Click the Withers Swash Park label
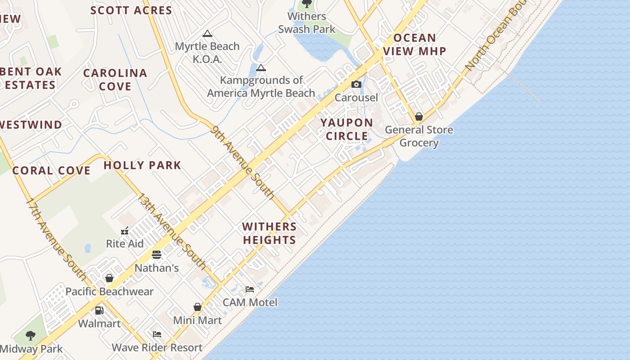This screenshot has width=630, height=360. point(306,22)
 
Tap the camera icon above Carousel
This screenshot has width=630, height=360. point(356,85)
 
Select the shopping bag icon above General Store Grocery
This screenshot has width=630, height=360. point(419,117)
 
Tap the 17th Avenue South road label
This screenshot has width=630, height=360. point(56,238)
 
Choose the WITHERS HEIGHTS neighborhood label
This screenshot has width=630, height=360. point(270,233)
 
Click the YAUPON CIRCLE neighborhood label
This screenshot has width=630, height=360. point(346,129)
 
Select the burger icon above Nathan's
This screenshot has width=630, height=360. point(157,255)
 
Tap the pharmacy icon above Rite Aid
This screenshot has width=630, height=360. point(125,231)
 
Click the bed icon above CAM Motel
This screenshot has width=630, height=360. point(250,289)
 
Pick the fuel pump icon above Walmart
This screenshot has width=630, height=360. point(99,310)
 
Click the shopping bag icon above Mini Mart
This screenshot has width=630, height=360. point(197,307)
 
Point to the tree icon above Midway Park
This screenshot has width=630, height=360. point(31,336)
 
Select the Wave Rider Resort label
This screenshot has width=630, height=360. point(157,347)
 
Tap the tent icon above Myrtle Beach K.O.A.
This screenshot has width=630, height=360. point(207,34)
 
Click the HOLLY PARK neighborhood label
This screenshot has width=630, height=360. point(142,165)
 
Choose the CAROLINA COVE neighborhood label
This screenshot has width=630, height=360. point(115,79)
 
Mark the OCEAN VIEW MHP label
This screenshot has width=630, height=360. point(414,45)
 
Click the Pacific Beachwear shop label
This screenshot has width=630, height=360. point(110,292)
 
